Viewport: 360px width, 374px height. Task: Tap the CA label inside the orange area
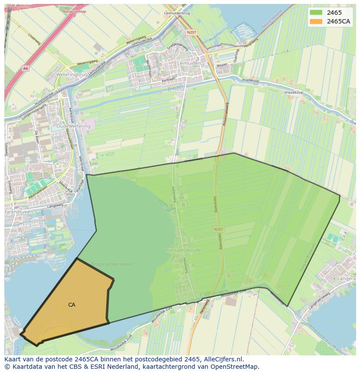click(72, 305)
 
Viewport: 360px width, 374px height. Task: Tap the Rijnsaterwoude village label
click(183, 250)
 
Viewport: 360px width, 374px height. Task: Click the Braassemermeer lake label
click(111, 264)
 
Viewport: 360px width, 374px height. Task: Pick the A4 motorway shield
click(25, 68)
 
